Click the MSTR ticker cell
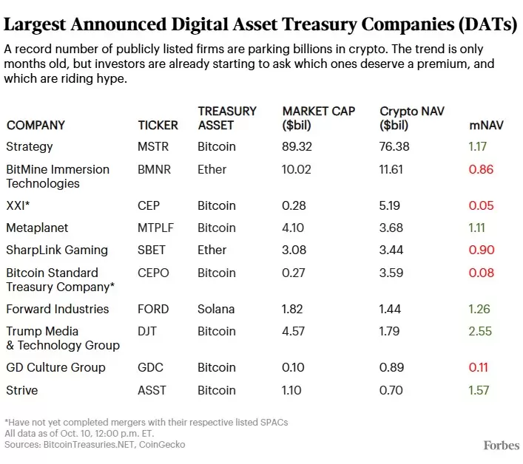click(153, 146)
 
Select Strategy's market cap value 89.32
click(300, 146)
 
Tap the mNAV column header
click(487, 125)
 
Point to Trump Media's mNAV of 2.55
click(480, 331)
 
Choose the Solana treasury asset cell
click(216, 309)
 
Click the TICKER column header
click(158, 125)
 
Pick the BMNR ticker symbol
click(154, 169)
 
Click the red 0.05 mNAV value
click(480, 205)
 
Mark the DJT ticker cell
click(148, 331)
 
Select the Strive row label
click(21, 389)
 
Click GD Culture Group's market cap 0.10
click(294, 367)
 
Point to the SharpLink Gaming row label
click(57, 250)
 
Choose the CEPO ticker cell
click(153, 273)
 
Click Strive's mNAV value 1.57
click(479, 389)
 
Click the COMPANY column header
click(36, 125)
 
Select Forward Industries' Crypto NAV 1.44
click(392, 309)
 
